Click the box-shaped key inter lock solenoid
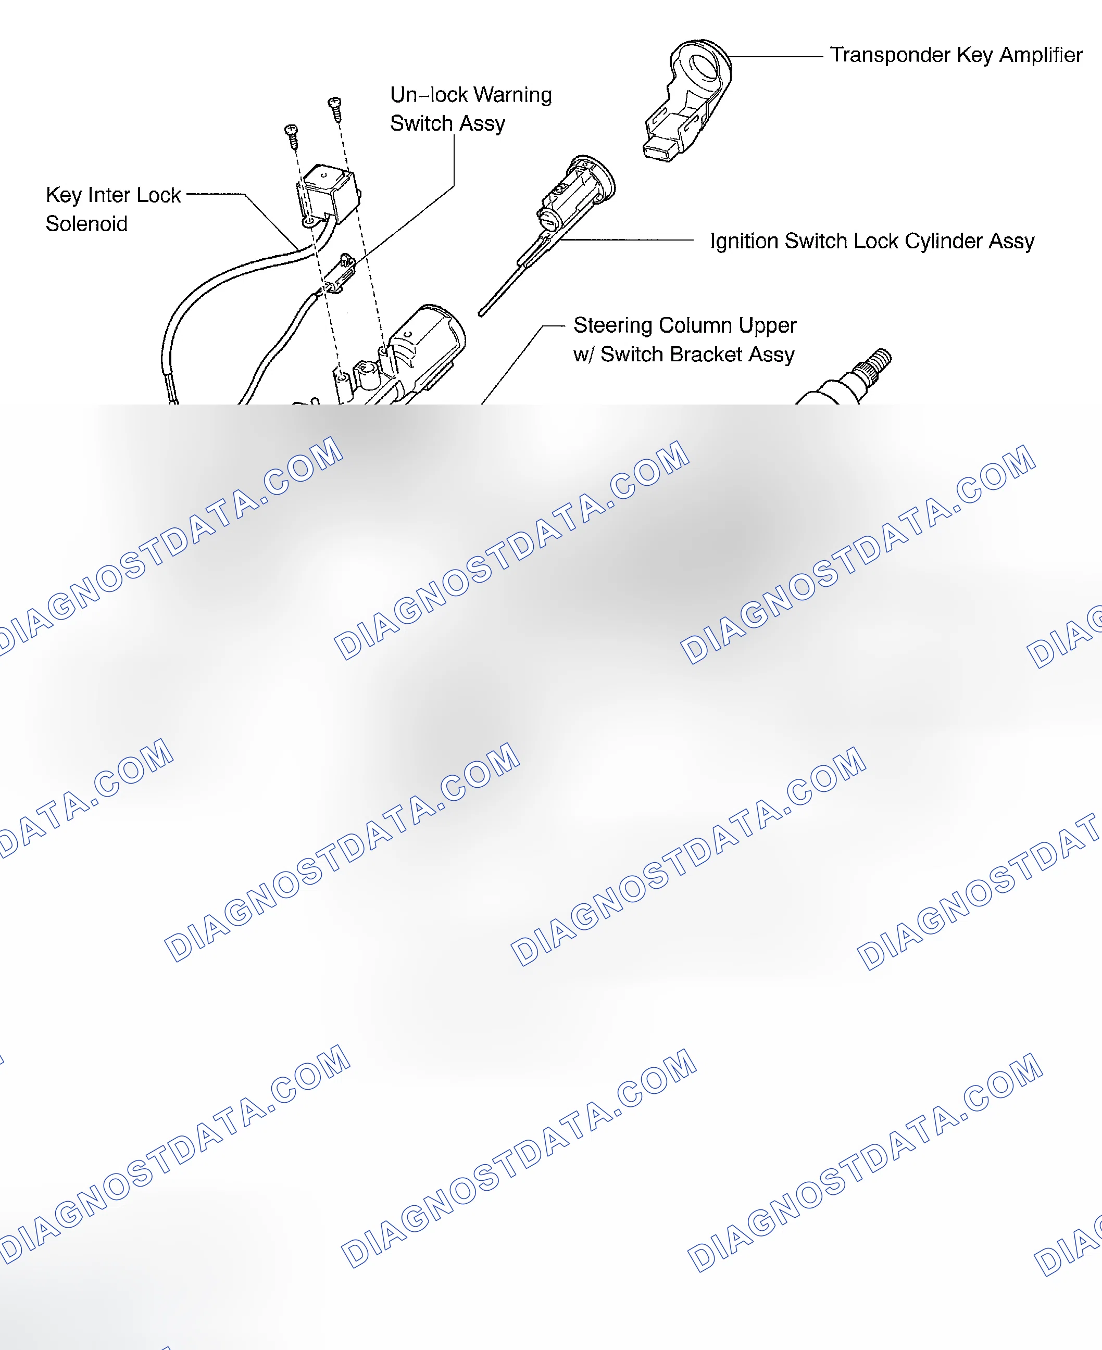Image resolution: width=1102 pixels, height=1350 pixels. coord(328,193)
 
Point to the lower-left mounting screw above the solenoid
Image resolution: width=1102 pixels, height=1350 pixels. coord(292,136)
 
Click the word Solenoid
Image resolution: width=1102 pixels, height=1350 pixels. coord(86,224)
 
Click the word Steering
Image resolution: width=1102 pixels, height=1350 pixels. coord(613,325)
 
